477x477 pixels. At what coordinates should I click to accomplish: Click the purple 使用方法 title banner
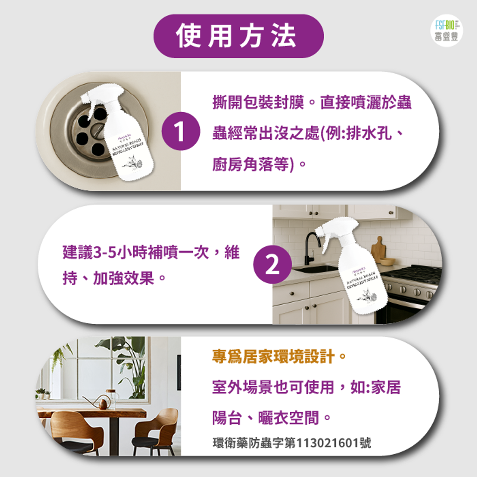tap(238, 36)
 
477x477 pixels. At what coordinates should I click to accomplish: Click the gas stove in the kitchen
tap(412, 284)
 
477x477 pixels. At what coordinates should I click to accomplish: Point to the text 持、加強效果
tap(115, 279)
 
